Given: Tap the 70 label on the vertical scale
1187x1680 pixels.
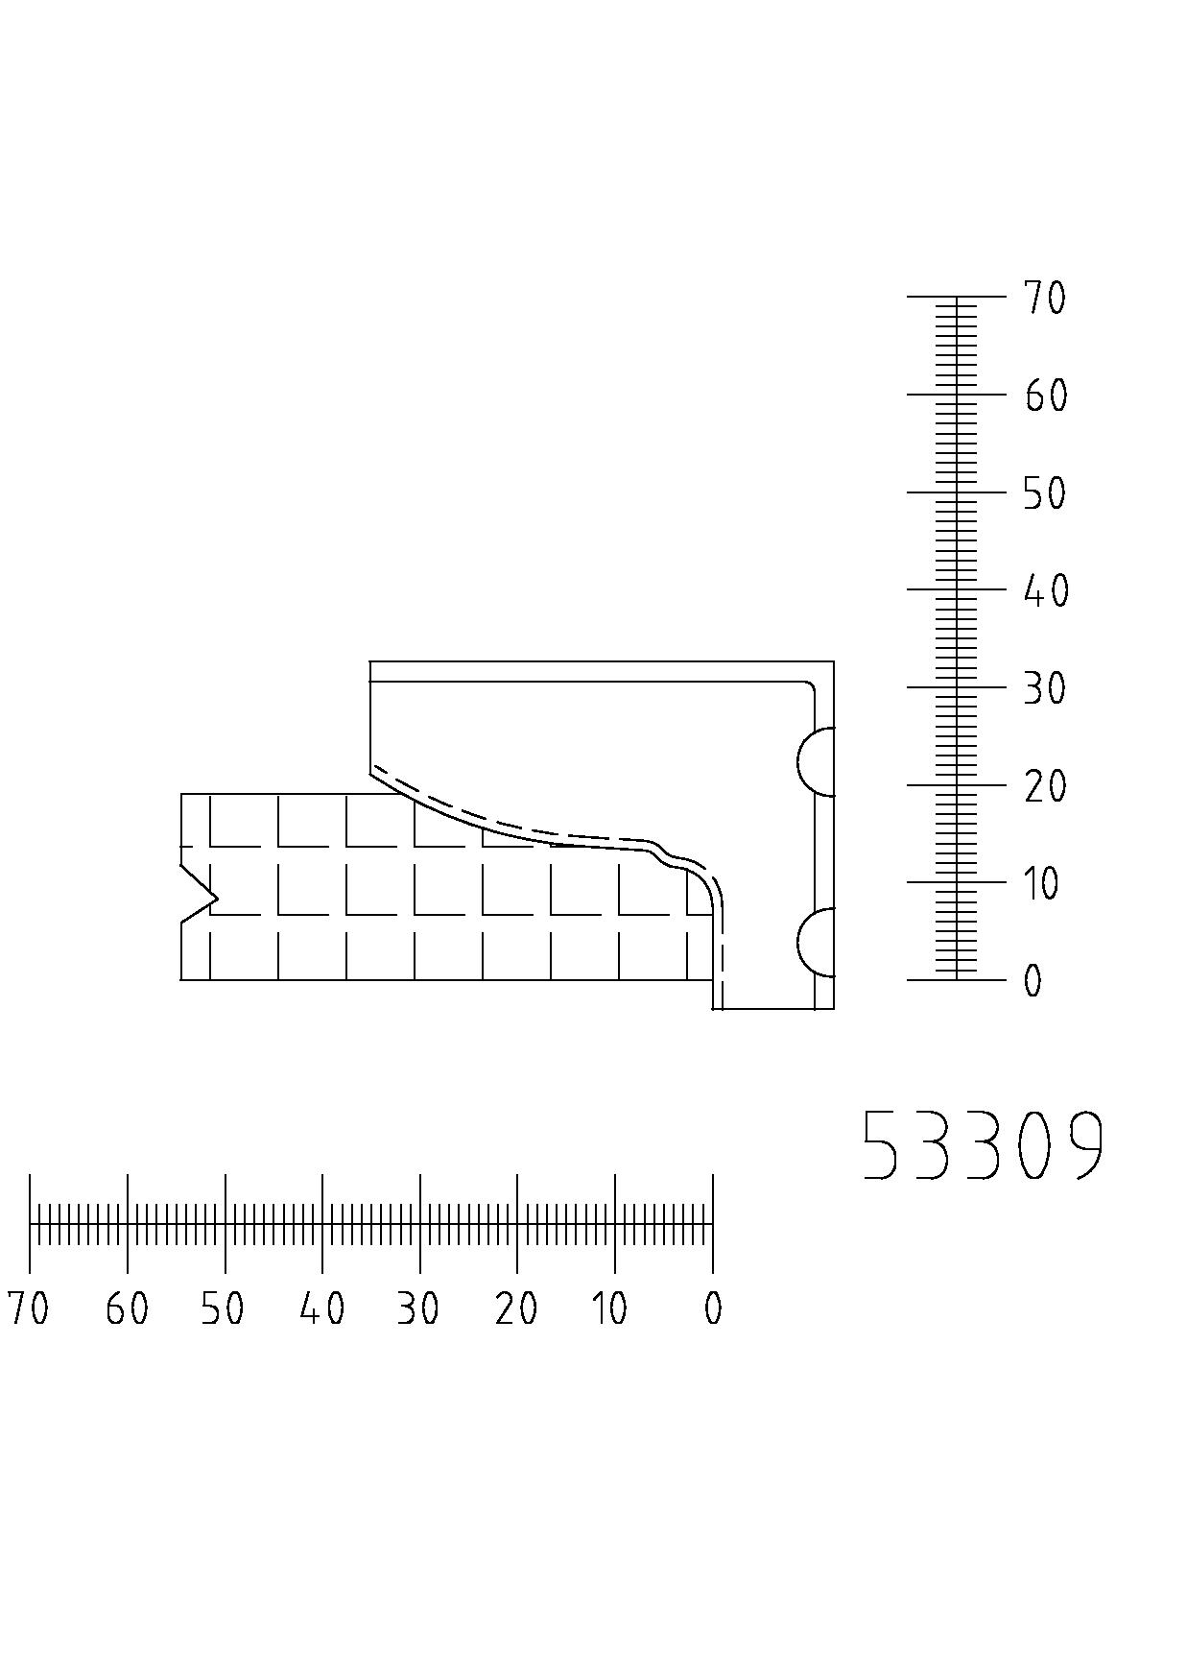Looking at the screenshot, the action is [x=1045, y=298].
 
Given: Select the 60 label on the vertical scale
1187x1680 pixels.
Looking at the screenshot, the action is [x=1045, y=396].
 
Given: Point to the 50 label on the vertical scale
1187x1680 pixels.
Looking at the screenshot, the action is [x=1045, y=493].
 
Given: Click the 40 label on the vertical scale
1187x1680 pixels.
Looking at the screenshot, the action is [x=1045, y=590].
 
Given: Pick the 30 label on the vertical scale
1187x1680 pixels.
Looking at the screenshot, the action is [x=1045, y=688].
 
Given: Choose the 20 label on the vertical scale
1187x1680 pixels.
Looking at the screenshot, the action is [x=1045, y=786].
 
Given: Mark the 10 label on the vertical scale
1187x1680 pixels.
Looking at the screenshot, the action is [x=1042, y=883].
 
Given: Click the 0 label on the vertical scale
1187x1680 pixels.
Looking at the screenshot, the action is [x=1033, y=981].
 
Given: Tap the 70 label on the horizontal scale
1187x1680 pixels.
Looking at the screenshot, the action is [x=28, y=1308].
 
